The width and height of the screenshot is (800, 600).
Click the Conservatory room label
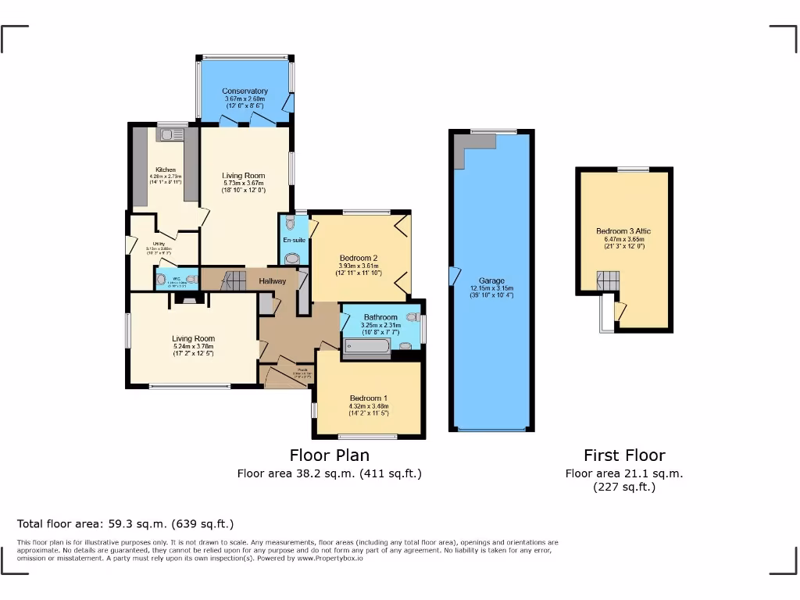coord(245,91)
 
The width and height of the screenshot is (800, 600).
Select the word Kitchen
coord(165,170)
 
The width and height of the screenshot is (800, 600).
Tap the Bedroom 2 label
coord(359,258)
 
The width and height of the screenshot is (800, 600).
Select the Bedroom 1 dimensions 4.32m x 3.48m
coord(369,406)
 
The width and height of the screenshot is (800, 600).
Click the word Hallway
coord(273,281)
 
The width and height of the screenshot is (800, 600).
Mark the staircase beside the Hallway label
coord(232,280)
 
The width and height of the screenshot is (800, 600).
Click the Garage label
coord(491,280)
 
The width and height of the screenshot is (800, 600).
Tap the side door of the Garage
coord(454,276)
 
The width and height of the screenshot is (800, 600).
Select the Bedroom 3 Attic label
coord(623,231)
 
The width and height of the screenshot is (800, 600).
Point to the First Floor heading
coord(624,455)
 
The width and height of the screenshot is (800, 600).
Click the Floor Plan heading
coord(329,455)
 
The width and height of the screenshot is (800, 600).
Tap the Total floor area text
coord(125,523)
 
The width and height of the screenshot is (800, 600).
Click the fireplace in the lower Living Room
coord(188,298)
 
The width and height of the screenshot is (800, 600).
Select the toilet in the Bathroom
coord(411,317)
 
